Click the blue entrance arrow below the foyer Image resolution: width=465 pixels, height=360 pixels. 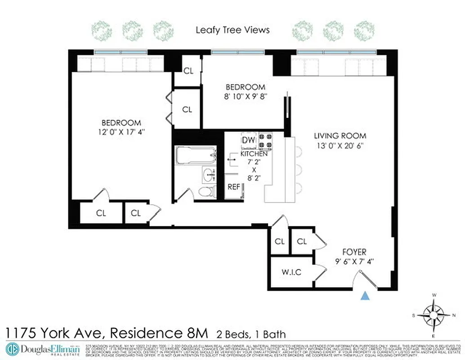[x=366, y=296]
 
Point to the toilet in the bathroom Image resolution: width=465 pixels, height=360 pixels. [x=205, y=192]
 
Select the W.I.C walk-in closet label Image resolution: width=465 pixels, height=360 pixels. [x=291, y=272]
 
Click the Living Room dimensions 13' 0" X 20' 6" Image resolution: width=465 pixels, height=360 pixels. [x=340, y=146]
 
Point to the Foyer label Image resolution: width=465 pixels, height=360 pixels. [x=354, y=252]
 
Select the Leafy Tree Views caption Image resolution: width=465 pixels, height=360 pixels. [x=232, y=30]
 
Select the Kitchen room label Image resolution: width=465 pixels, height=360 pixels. [x=254, y=154]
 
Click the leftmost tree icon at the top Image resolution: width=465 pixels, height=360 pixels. [x=102, y=31]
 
